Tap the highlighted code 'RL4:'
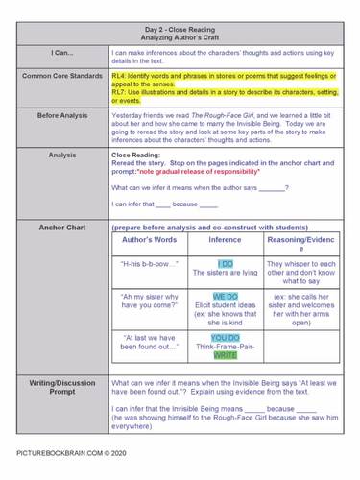point(119,74)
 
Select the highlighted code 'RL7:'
point(119,91)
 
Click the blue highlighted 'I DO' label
point(226,263)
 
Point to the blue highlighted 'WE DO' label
point(226,296)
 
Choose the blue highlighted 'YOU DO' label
point(226,338)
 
